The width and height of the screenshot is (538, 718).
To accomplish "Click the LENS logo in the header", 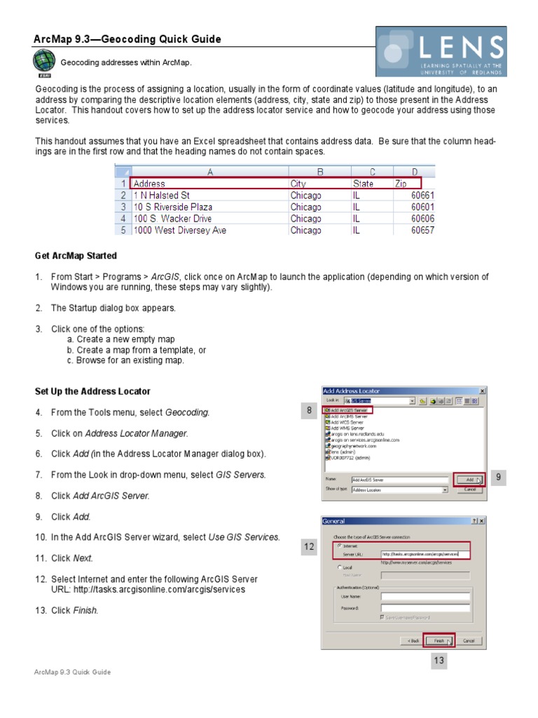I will coord(441,51).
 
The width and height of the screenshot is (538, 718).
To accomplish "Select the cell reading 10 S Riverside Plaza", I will coord(173,207).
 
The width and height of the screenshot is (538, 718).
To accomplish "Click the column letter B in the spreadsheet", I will coord(319,171).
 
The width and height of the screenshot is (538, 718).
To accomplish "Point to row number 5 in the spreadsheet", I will coord(123,230).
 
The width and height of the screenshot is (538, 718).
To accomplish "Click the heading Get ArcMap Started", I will coord(76,255).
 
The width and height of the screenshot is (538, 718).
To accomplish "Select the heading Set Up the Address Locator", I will coord(92,391).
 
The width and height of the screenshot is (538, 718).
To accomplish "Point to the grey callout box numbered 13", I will coord(439,661).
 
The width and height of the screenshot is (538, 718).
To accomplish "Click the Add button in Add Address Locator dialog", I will coord(468,480).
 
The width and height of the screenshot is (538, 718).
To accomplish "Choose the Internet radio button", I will coord(340,545).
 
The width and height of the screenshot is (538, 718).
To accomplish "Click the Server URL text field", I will coord(425,554).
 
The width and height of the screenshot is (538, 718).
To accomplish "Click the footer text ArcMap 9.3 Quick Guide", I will coord(73,672).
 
